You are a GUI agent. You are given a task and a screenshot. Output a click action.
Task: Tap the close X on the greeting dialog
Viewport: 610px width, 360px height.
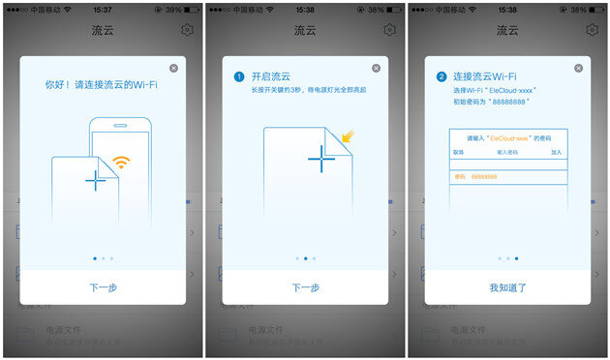(173, 68)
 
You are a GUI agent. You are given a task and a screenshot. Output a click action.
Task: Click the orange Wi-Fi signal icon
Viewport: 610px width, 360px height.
(121, 163)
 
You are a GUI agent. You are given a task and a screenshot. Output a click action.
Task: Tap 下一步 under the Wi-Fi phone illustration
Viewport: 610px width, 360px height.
(103, 287)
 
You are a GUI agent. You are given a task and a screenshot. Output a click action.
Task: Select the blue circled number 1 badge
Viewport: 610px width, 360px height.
(238, 76)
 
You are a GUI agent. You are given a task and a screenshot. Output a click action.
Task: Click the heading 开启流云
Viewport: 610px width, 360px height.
(270, 76)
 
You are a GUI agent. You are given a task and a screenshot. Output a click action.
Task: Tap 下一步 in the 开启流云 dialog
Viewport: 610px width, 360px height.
(306, 287)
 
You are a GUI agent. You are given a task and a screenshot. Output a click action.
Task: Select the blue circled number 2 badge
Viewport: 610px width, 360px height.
(441, 76)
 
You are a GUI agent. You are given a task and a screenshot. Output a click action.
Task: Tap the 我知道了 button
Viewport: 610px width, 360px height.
(508, 287)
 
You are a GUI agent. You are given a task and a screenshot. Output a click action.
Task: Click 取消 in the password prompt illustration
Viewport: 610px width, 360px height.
(459, 152)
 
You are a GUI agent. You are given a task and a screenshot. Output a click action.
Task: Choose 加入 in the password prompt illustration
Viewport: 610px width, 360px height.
(557, 152)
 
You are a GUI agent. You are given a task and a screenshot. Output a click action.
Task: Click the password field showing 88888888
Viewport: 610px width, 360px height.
(507, 177)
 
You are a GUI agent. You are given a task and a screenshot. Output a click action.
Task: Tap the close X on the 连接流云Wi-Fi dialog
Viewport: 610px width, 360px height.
(580, 68)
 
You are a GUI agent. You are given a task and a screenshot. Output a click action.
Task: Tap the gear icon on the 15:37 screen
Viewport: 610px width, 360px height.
(187, 29)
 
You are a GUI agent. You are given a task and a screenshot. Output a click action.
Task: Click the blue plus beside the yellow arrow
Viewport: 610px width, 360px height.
(321, 158)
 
